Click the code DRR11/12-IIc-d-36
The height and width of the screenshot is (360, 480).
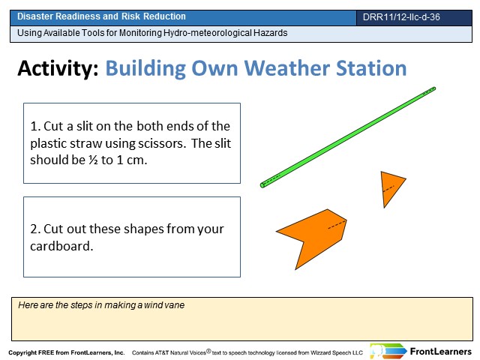(x=401, y=16)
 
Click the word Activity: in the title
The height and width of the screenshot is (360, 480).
(x=58, y=68)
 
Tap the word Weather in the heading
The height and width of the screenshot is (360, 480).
(x=286, y=68)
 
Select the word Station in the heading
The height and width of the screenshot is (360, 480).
(x=371, y=68)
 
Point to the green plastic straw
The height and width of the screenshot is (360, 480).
(x=348, y=137)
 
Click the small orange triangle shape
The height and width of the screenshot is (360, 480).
(x=391, y=187)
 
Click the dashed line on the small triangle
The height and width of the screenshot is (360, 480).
(x=388, y=189)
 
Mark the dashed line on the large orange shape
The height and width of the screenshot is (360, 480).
(x=337, y=224)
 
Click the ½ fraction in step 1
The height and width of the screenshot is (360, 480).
(x=93, y=160)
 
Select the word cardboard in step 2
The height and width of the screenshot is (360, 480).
(x=61, y=246)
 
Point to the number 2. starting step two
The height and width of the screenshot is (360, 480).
(x=35, y=229)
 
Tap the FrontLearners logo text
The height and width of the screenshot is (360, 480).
(x=441, y=352)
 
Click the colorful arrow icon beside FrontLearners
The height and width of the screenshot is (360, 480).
(x=388, y=351)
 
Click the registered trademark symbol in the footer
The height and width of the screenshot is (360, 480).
(x=208, y=351)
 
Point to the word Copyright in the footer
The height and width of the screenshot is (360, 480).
(x=22, y=352)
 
